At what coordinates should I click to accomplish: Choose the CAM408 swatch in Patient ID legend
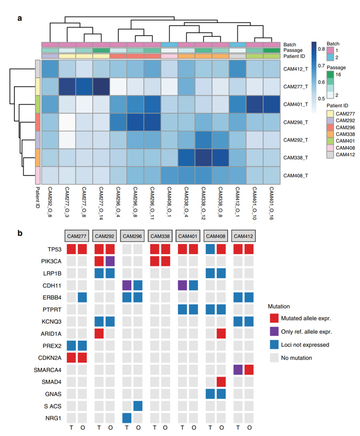(x=330, y=150)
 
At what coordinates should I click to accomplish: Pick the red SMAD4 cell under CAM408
(x=222, y=382)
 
